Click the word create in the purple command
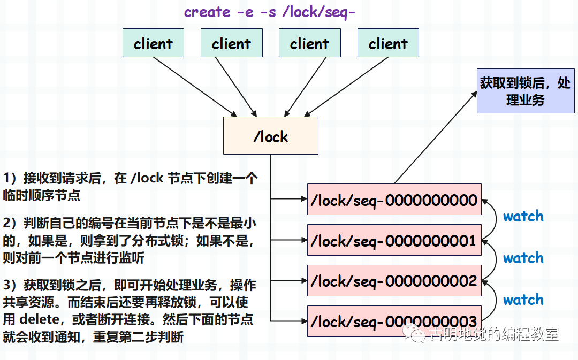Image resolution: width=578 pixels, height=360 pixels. click(207, 12)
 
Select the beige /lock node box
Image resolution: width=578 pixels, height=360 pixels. click(271, 135)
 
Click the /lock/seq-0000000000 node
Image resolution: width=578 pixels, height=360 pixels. click(394, 200)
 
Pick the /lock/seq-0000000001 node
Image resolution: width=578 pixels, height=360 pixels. click(394, 240)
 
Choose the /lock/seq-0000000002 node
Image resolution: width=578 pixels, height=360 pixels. click(394, 280)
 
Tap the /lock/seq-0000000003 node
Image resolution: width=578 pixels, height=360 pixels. click(394, 321)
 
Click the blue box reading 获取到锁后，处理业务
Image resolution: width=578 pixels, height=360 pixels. click(526, 90)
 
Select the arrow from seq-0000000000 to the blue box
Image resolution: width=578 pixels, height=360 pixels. click(436, 137)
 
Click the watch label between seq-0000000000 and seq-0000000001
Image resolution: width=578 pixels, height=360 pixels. click(523, 216)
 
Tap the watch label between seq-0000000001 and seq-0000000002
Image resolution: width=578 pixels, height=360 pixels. click(523, 258)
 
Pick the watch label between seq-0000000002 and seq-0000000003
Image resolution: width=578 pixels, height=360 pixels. click(523, 300)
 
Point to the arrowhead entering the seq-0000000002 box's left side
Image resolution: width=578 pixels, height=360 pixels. click(304, 280)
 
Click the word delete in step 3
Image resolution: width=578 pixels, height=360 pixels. click(40, 319)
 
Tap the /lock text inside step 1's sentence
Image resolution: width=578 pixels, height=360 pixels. click(147, 178)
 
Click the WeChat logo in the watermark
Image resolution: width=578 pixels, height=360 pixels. click(414, 333)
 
